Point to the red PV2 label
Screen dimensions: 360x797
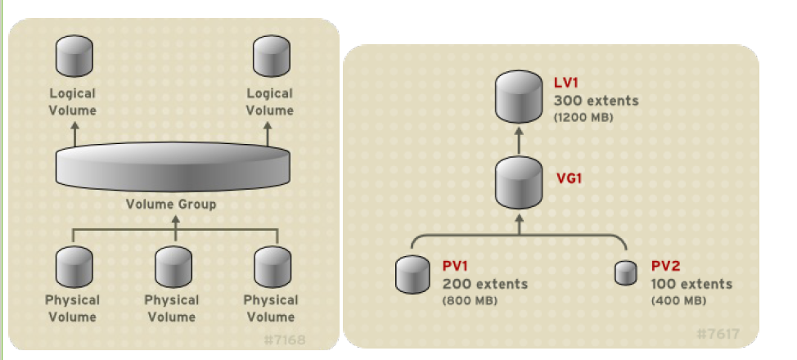pyautogui.click(x=667, y=267)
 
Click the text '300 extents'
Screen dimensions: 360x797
pyautogui.click(x=596, y=101)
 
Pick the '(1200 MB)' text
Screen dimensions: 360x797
pyautogui.click(x=583, y=118)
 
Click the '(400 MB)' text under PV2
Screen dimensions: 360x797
pyautogui.click(x=678, y=300)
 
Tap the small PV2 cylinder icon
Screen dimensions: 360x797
pyautogui.click(x=626, y=273)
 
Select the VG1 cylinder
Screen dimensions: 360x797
pyautogui.click(x=519, y=182)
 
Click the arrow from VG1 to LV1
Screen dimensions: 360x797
pyautogui.click(x=519, y=140)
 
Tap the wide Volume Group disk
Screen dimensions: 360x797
pyautogui.click(x=172, y=165)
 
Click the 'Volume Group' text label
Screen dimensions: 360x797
pyautogui.click(x=172, y=204)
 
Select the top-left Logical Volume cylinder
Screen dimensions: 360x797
pyautogui.click(x=73, y=57)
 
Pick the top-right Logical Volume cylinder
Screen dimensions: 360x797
pyautogui.click(x=269, y=57)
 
